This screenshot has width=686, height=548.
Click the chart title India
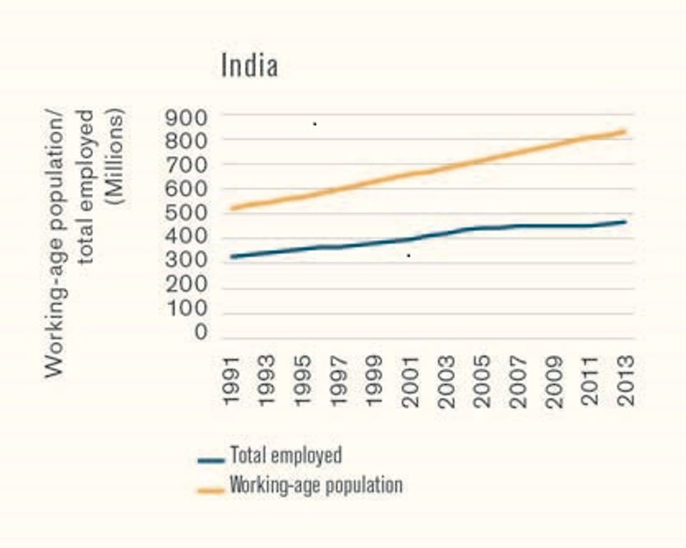click(x=249, y=66)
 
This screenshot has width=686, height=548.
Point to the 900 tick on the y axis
click(x=186, y=116)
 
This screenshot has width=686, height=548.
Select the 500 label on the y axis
click(x=186, y=214)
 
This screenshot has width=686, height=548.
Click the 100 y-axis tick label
click(x=186, y=309)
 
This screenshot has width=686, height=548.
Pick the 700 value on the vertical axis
click(x=186, y=165)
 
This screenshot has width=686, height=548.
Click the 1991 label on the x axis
click(x=231, y=380)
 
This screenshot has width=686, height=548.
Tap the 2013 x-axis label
click(x=626, y=380)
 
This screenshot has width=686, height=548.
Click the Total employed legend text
click(x=285, y=455)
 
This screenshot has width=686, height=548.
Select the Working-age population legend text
click(x=315, y=485)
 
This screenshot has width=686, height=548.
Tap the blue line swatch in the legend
click(x=211, y=459)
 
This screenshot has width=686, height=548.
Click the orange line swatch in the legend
click(x=211, y=490)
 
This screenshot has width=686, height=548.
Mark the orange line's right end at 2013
click(x=626, y=131)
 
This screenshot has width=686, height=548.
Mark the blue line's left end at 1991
click(x=231, y=256)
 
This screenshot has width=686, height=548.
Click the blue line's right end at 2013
click(x=626, y=222)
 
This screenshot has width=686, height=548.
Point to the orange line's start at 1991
click(x=231, y=208)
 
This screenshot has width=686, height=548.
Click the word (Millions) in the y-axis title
click(x=114, y=156)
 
